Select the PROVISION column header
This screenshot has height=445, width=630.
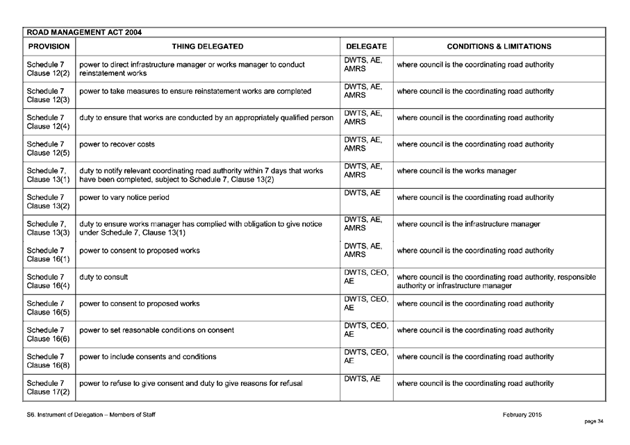tap(48, 47)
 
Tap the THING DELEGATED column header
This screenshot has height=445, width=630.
tap(208, 47)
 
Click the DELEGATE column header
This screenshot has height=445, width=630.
tap(366, 47)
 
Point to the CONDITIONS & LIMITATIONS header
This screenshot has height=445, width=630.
tap(499, 47)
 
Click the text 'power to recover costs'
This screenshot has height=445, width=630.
tap(117, 144)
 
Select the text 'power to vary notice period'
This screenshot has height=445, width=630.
tap(125, 197)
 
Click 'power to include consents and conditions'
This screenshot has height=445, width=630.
tap(148, 357)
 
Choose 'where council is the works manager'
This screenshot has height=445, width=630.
tap(456, 171)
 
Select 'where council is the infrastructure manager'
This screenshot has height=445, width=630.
tap(468, 224)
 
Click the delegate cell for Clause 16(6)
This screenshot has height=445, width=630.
tap(365, 330)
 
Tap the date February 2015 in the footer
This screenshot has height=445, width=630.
tap(522, 414)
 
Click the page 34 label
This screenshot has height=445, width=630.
tap(595, 421)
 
